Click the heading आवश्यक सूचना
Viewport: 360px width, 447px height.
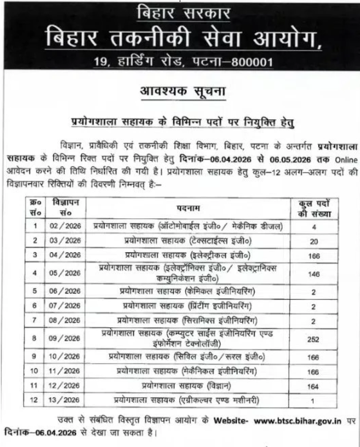180,92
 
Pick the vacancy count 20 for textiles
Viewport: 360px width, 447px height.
314,241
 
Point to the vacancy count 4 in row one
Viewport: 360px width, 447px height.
314,227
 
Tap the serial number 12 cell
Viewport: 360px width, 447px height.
35,401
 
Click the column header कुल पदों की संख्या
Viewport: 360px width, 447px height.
316,208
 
